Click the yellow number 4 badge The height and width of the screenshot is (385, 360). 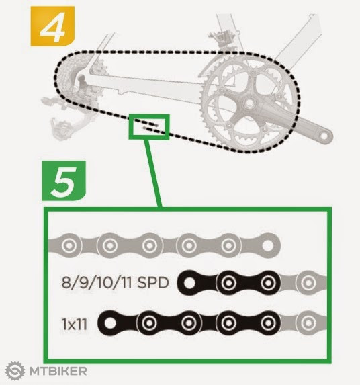click(x=52, y=26)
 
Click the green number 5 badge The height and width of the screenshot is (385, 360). click(x=64, y=181)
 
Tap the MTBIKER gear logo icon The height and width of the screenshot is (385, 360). click(x=15, y=370)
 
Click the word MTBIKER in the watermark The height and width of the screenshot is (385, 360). click(x=58, y=371)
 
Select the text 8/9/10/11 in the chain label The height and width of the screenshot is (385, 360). click(x=97, y=282)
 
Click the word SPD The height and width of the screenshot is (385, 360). click(x=153, y=282)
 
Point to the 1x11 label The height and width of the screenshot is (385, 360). click(x=74, y=324)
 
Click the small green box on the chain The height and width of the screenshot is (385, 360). click(x=149, y=127)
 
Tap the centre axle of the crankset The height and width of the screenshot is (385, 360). click(x=249, y=102)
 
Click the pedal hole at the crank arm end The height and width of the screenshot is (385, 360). click(x=324, y=136)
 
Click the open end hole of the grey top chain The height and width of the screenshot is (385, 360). click(x=268, y=245)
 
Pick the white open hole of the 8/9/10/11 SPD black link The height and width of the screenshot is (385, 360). click(x=189, y=283)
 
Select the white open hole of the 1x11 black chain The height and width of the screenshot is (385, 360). click(x=110, y=323)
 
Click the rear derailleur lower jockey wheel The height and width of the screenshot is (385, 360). click(x=60, y=128)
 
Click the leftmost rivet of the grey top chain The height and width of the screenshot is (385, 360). click(x=69, y=245)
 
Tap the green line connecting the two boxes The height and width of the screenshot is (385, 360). click(x=152, y=173)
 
